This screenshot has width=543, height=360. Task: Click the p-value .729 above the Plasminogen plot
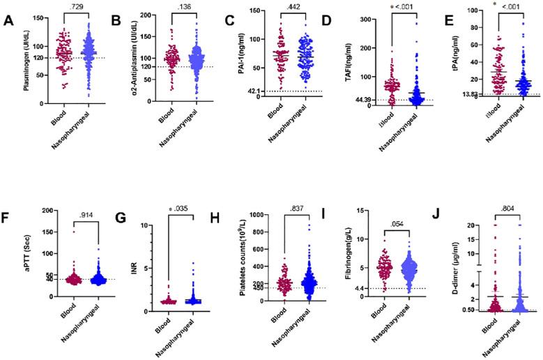tap(75, 6)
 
